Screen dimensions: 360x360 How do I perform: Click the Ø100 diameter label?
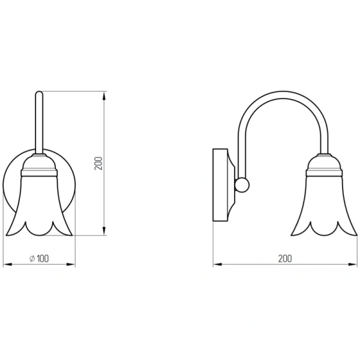(39, 259)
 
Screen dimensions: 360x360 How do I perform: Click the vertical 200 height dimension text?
(98, 163)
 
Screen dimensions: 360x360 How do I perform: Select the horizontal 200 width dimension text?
(285, 259)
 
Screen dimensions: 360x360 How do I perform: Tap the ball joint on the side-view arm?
(242, 185)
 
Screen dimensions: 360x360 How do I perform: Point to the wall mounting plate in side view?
(220, 185)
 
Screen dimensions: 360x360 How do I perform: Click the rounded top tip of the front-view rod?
(39, 92)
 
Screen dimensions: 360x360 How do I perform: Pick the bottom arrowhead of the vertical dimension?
(104, 231)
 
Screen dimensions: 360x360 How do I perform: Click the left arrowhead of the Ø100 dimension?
(8, 265)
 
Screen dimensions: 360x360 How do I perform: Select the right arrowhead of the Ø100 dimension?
(71, 265)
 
